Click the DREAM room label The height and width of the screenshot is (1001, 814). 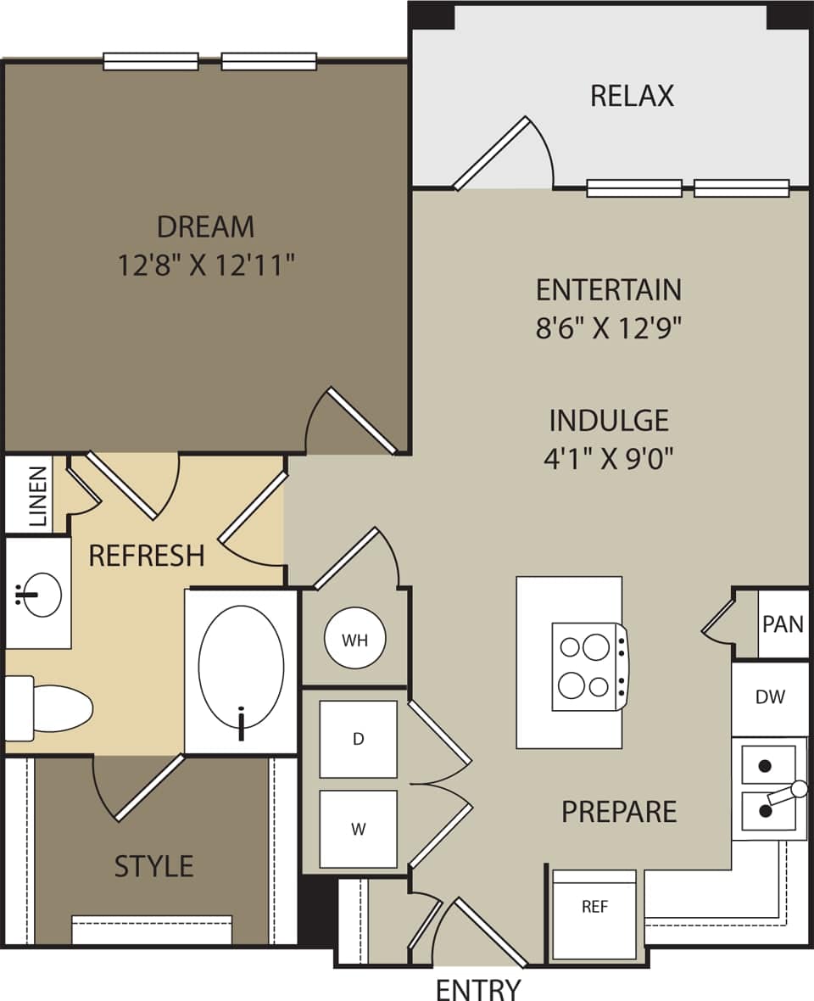pyautogui.click(x=205, y=226)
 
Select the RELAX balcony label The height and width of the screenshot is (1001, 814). pyautogui.click(x=632, y=96)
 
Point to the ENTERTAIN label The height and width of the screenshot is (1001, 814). pyautogui.click(x=608, y=290)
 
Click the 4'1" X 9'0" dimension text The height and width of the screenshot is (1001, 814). pyautogui.click(x=608, y=458)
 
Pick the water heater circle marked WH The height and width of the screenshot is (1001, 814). pyautogui.click(x=355, y=640)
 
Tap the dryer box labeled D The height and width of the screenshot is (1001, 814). pyautogui.click(x=358, y=739)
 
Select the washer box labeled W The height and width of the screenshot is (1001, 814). pyautogui.click(x=358, y=829)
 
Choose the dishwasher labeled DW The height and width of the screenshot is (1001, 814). pyautogui.click(x=770, y=697)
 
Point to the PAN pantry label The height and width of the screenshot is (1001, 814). pyautogui.click(x=783, y=624)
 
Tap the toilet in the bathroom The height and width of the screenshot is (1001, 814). pyautogui.click(x=51, y=707)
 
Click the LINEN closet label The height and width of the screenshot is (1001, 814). pyautogui.click(x=37, y=496)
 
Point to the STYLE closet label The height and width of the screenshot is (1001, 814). pyautogui.click(x=153, y=866)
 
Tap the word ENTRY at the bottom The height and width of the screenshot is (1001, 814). pyautogui.click(x=477, y=989)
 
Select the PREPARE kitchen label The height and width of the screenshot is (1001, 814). pyautogui.click(x=619, y=812)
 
